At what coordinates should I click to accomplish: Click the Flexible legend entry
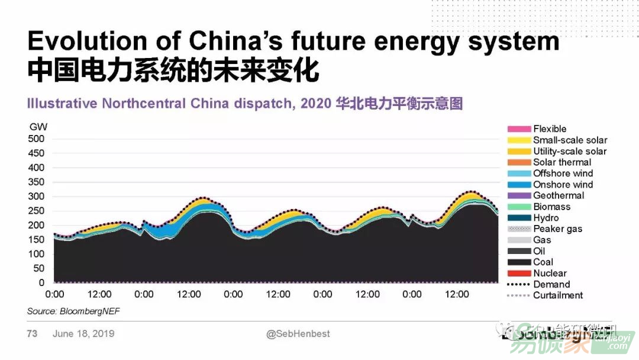[x=550, y=129]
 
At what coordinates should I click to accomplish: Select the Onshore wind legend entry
[x=563, y=185]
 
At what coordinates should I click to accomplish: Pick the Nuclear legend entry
[x=550, y=274]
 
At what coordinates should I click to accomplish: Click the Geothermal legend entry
[x=559, y=196]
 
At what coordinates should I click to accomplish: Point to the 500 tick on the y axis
[x=36, y=139]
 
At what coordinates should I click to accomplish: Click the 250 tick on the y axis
[x=36, y=211]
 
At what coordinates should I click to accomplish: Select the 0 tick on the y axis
[x=41, y=283]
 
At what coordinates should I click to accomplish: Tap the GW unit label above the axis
[x=38, y=127]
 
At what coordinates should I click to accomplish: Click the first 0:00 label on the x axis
[x=54, y=294]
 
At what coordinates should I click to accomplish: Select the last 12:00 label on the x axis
[x=457, y=294]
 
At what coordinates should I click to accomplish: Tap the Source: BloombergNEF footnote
[x=69, y=311]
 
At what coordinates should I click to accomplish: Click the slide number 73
[x=32, y=334]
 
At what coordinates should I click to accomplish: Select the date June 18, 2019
[x=83, y=334]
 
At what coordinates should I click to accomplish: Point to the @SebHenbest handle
[x=298, y=334]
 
